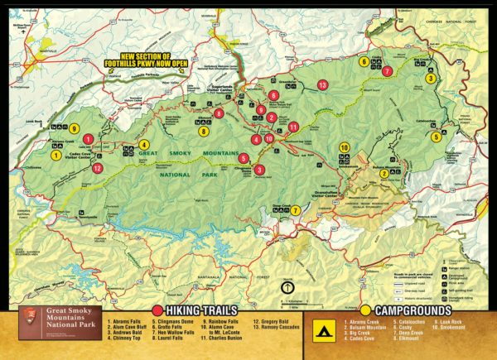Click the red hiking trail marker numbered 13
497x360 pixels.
click(x=322, y=85)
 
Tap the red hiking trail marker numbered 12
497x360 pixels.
click(x=98, y=168)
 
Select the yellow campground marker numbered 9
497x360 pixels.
click(x=74, y=129)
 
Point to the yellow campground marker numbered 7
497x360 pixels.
click(x=296, y=210)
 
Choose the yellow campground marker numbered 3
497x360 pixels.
click(x=430, y=79)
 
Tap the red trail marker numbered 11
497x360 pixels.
click(x=293, y=127)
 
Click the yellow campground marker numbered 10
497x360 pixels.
click(x=344, y=148)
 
